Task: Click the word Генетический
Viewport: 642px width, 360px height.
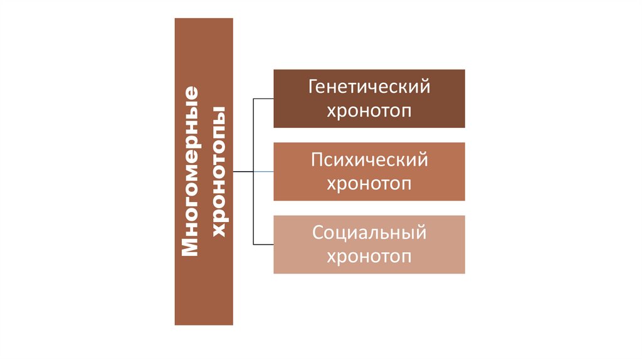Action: [369, 87]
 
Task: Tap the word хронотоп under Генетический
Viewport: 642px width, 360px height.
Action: [369, 111]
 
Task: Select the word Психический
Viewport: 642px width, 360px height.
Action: [369, 160]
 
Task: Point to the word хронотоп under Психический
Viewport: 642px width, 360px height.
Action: [369, 184]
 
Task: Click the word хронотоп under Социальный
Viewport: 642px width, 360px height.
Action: [369, 257]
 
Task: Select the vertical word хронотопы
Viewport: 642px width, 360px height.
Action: [219, 171]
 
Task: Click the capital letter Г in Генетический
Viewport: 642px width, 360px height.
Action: [312, 86]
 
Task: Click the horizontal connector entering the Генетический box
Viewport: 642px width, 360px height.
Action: [263, 98]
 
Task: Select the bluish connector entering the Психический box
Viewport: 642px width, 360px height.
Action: [263, 171]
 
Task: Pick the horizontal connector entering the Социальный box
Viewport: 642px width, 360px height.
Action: [263, 244]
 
